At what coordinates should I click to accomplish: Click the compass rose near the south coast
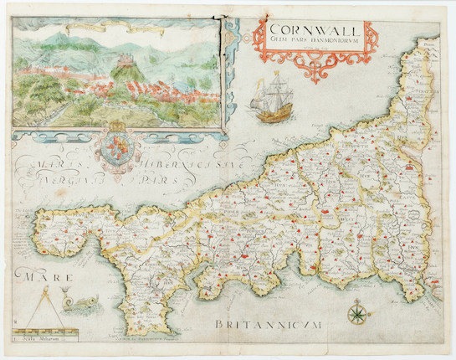tap(357, 313)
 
